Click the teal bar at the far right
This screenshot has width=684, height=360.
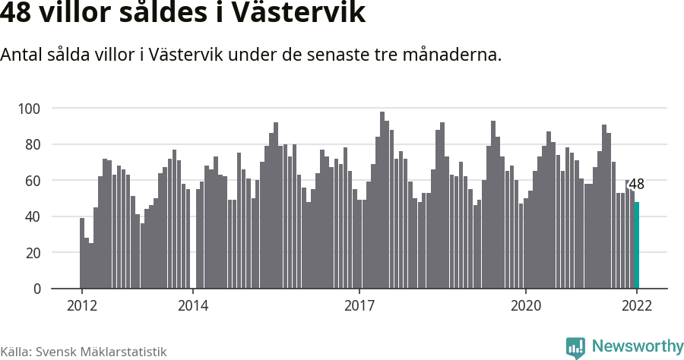tap(637, 245)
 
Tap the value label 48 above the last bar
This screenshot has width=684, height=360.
tap(637, 185)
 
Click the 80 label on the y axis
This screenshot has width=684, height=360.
tap(33, 144)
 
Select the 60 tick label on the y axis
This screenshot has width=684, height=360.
tap(33, 180)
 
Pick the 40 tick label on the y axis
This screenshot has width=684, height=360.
tap(33, 216)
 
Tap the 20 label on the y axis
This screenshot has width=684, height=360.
tap(33, 252)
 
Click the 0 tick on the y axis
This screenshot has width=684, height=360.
tap(36, 289)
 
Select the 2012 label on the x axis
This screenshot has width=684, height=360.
tap(81, 306)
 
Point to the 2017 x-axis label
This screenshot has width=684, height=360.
tap(359, 306)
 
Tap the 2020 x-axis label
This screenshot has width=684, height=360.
tap(525, 306)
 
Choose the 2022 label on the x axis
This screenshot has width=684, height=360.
tap(637, 306)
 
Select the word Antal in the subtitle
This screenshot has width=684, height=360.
tap(22, 55)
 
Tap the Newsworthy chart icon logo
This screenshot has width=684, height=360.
tap(575, 348)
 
